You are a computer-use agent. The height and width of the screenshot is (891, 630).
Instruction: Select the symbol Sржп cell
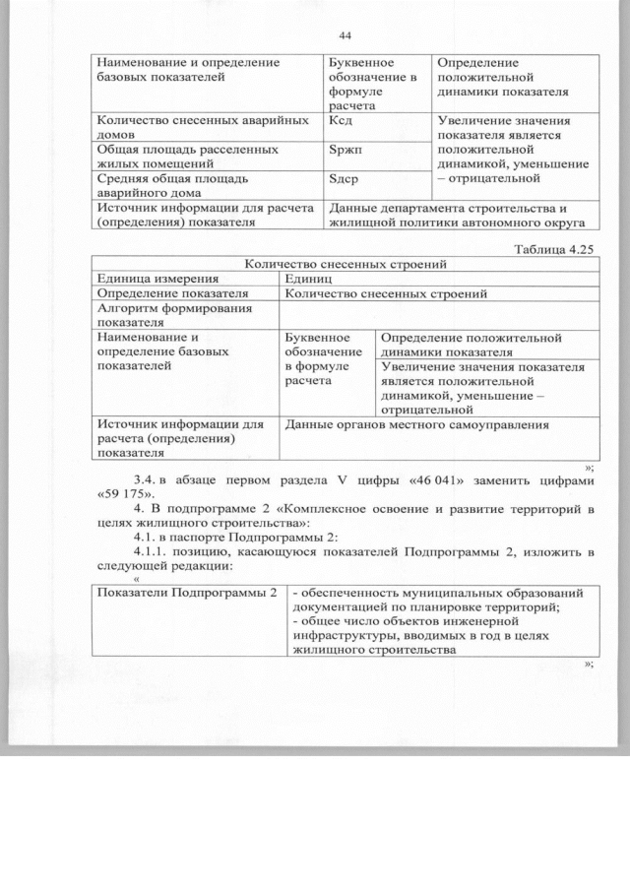[344, 150]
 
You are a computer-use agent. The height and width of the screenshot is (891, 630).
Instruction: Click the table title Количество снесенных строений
[346, 264]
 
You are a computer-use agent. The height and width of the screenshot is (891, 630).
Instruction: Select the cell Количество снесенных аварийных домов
[181, 129]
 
